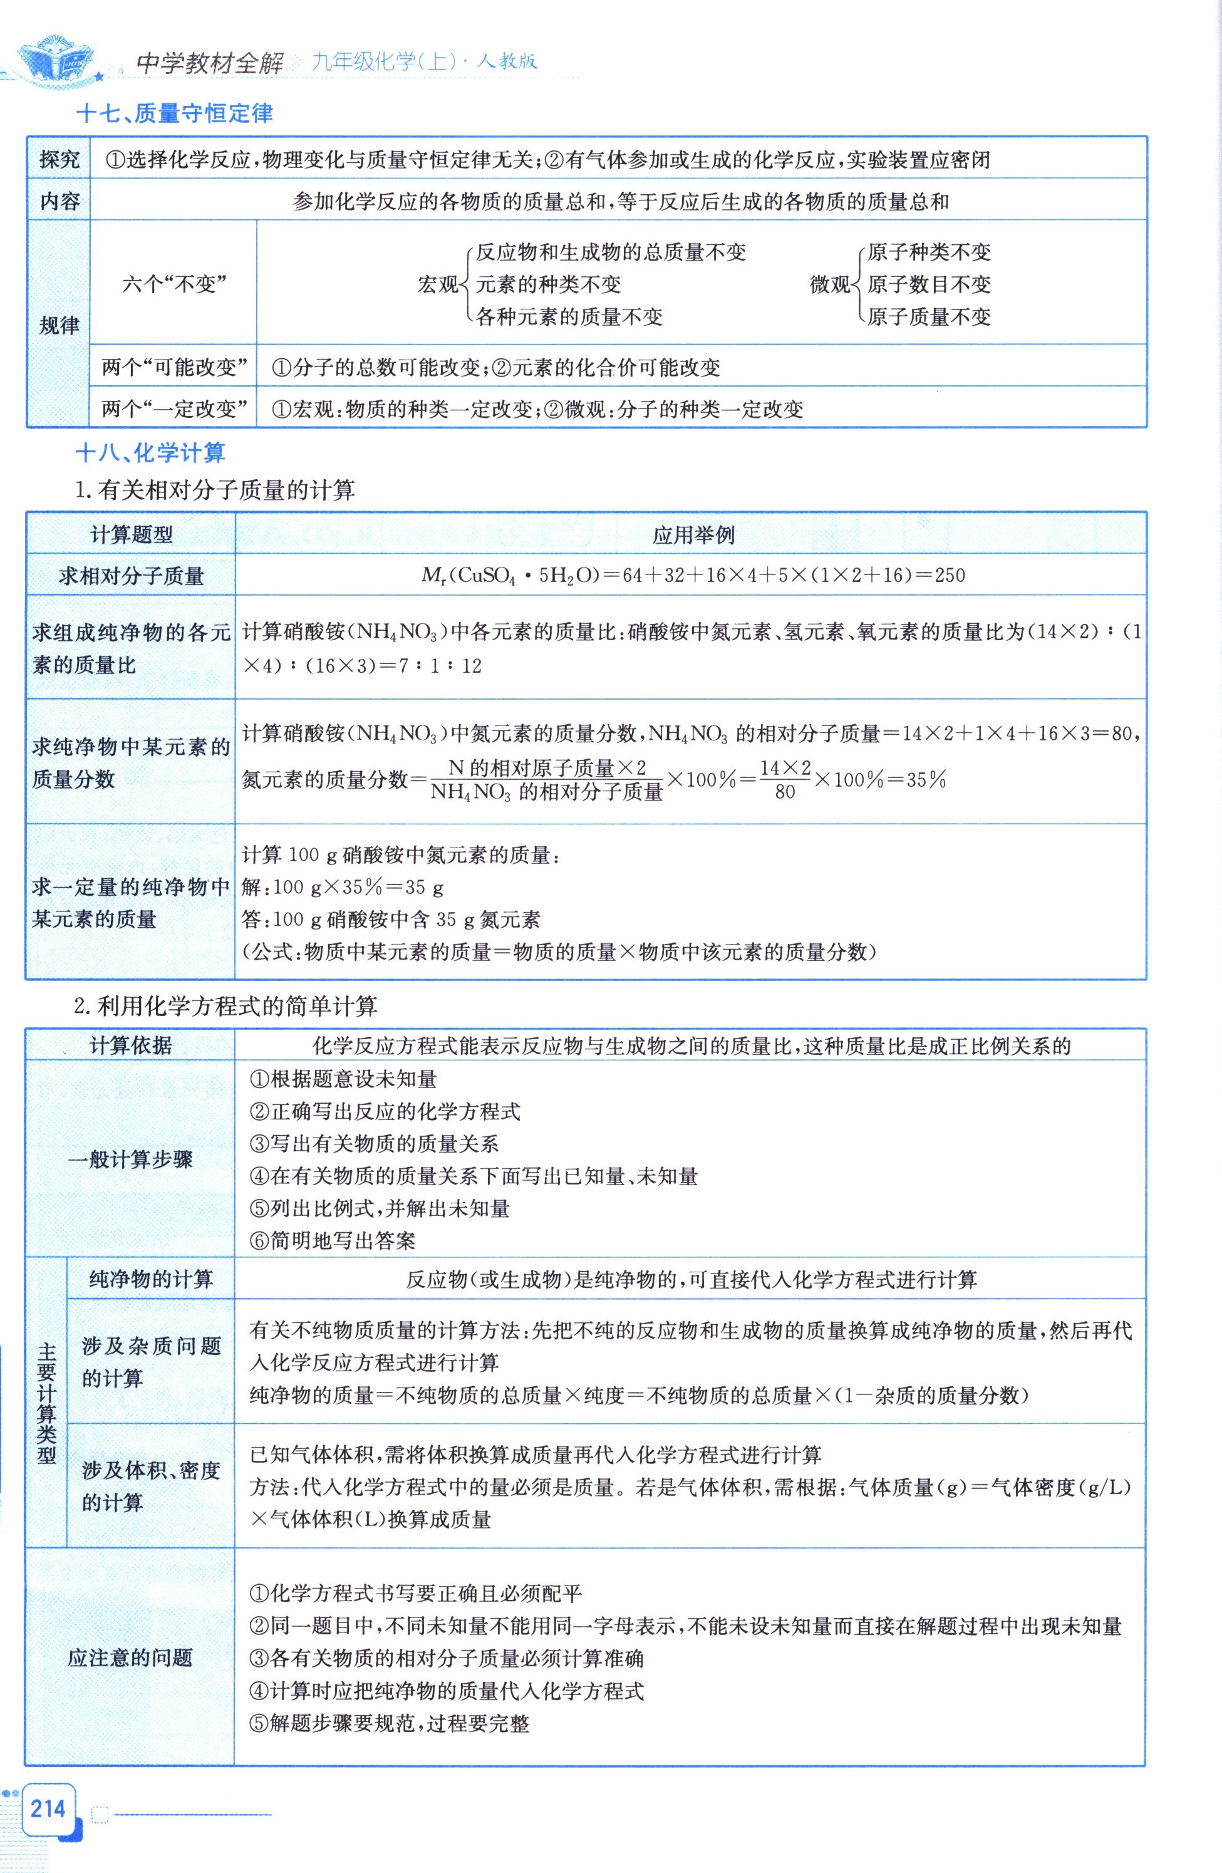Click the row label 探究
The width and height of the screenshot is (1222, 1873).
(59, 160)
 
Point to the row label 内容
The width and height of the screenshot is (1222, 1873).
(59, 202)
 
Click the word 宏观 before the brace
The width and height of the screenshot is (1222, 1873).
(437, 285)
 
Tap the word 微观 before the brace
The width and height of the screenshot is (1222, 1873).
(830, 285)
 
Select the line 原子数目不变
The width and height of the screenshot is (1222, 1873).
(928, 285)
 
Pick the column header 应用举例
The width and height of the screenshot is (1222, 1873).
(693, 535)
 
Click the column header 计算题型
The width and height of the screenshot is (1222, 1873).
(132, 535)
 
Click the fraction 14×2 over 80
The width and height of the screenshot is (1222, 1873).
(785, 780)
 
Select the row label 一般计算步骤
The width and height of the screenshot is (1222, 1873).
(131, 1160)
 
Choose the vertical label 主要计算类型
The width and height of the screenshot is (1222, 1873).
(47, 1403)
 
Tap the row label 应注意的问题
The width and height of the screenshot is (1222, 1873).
(131, 1658)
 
